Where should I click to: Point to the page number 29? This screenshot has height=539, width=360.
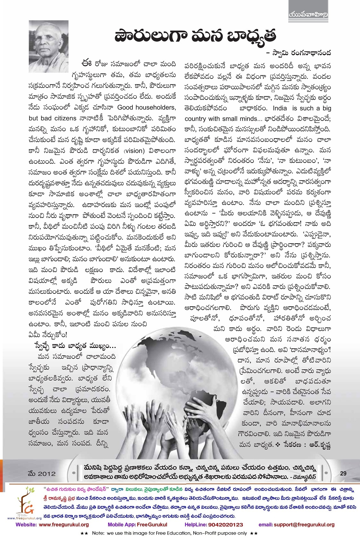(343, 473)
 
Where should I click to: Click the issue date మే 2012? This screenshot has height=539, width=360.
(42, 473)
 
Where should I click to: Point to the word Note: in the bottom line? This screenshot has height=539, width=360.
(98, 533)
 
